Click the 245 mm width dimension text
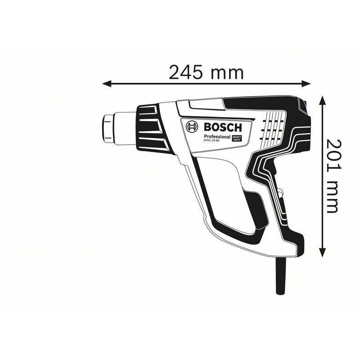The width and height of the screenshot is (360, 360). (206, 72)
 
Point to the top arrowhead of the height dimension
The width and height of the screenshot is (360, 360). (323, 99)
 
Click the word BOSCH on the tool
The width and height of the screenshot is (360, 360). (222, 127)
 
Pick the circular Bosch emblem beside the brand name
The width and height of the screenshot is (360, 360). (192, 127)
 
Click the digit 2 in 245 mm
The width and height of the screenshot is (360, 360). (175, 72)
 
